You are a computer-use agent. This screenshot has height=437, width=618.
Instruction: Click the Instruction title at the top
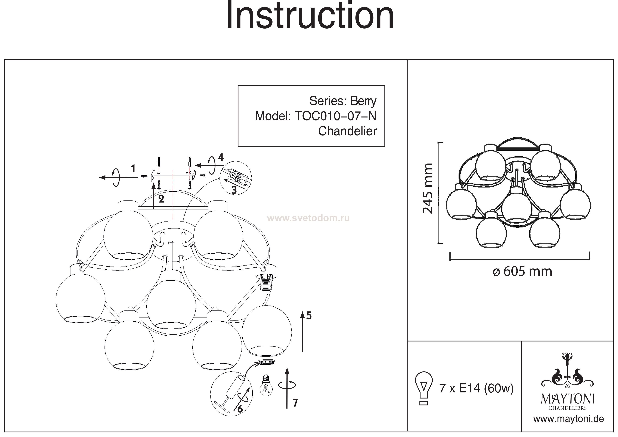[x=310, y=16]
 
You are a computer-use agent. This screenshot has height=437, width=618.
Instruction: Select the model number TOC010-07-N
[x=335, y=116]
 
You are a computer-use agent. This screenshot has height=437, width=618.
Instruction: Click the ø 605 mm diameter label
[x=522, y=271]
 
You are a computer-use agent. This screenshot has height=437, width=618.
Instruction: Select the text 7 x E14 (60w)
[x=476, y=388]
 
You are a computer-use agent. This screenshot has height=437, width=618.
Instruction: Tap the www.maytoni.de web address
[x=568, y=419]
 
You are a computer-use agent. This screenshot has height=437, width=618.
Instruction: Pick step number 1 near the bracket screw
[x=133, y=169]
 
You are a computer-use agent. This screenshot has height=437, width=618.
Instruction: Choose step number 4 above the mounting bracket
[x=221, y=158]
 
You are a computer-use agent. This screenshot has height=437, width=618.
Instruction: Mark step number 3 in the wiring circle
[x=234, y=190]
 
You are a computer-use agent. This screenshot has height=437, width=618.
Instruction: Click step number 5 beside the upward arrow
[x=309, y=316]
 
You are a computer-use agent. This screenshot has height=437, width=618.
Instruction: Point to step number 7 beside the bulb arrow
[x=295, y=403]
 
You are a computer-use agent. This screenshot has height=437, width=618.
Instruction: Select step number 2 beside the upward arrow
[x=161, y=199]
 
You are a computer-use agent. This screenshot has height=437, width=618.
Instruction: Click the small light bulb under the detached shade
[x=266, y=386]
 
